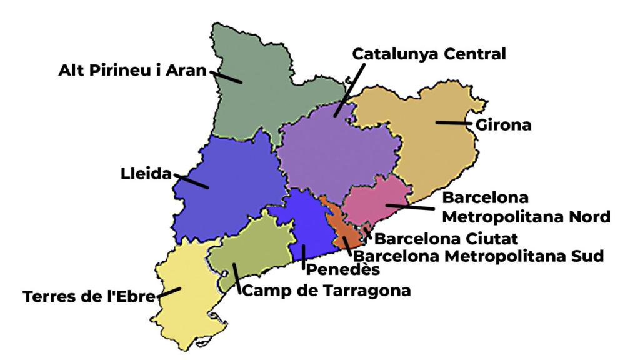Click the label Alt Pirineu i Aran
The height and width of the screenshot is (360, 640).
[x=132, y=70]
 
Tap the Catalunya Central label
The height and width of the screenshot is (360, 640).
[x=429, y=54]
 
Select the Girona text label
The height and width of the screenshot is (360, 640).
[x=504, y=124]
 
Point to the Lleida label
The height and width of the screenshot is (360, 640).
[x=146, y=174]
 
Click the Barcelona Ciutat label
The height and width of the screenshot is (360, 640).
[x=449, y=238]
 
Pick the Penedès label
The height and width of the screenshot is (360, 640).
[x=342, y=270]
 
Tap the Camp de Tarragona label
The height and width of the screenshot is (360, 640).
[x=326, y=290]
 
